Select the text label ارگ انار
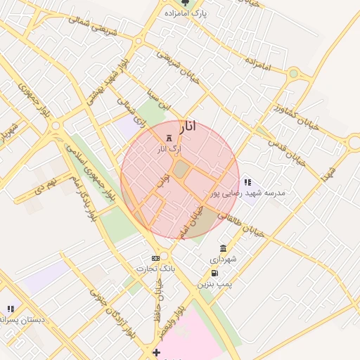[x=169, y=148]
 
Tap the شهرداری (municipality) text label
[x=227, y=259]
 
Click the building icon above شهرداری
[x=223, y=249]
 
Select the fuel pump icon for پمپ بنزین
[x=214, y=274]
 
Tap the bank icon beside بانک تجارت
[x=155, y=258]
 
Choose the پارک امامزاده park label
[x=185, y=13]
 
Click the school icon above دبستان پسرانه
[x=10, y=309]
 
